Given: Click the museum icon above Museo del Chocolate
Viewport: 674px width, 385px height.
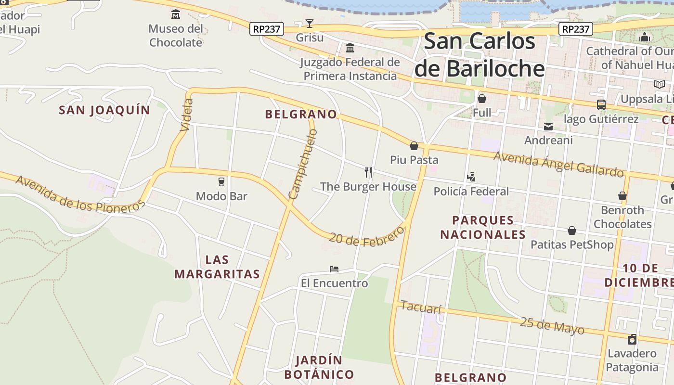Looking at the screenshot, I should coord(176,14).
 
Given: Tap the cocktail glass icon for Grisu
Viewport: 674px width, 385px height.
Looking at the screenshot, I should coord(310,24).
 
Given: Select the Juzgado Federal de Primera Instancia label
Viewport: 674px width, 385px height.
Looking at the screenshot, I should coord(350,69).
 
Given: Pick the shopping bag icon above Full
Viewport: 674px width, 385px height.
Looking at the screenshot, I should coord(481,99).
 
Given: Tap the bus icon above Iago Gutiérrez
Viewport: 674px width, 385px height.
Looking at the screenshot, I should coord(601,104).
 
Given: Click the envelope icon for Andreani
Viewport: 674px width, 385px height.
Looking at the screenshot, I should coord(548,127).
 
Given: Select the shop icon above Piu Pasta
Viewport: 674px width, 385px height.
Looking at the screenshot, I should coord(414,146).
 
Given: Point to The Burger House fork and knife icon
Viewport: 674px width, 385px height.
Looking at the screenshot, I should coord(368,172).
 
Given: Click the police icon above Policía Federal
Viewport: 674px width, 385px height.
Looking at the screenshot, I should coord(471,177).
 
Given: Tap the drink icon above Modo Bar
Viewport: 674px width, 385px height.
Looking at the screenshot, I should coord(221,182).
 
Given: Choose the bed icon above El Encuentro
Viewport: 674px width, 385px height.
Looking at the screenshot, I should coord(334,269).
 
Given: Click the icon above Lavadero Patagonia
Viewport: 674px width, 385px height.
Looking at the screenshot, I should coord(632,339).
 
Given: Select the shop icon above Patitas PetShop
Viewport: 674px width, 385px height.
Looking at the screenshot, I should coord(571,231).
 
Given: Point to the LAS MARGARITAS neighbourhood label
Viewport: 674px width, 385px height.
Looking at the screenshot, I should coord(217,267).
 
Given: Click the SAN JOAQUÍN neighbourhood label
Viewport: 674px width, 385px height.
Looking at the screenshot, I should coord(104,110).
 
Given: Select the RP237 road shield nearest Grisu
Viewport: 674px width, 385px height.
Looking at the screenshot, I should coord(266,29).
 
